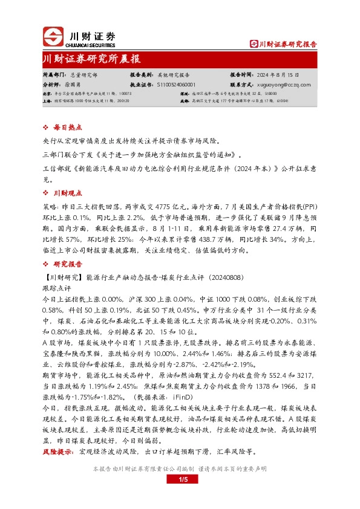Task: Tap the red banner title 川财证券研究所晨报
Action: coord(92,59)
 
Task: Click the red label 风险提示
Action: coord(58,452)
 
